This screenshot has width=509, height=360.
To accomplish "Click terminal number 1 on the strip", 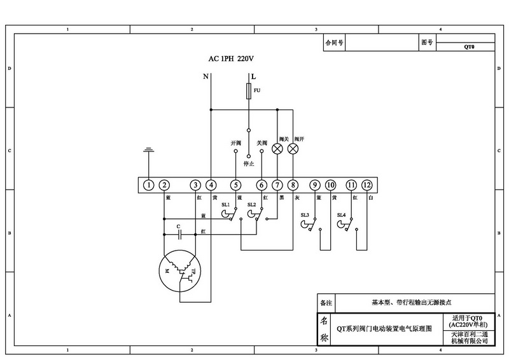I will coord(148,185).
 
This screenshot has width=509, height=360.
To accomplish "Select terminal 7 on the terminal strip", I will coord(277,185).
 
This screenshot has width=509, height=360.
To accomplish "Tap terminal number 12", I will coord(366,185).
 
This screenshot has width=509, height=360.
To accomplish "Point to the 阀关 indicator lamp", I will coord(277,149).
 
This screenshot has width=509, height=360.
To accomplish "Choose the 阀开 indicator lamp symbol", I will coord(293,149).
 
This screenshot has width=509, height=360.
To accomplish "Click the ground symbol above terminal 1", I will coord(148,151).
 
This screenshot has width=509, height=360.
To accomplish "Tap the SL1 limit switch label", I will coord(225,204).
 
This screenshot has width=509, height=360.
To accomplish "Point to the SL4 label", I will coord(341,215).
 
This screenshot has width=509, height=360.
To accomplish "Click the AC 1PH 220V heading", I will coord(231,59).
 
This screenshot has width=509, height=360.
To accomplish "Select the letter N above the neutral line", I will coord(206,76).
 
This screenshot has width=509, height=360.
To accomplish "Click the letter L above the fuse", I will coord(253,76).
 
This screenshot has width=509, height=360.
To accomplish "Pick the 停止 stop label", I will coord(249,163).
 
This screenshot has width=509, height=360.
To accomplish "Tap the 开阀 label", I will coord(235,142).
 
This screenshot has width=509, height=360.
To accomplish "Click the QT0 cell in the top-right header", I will coord(470,46).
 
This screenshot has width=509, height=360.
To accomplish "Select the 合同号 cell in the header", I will coord(335,43).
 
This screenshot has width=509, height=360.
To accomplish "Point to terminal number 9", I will coord(314,185).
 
